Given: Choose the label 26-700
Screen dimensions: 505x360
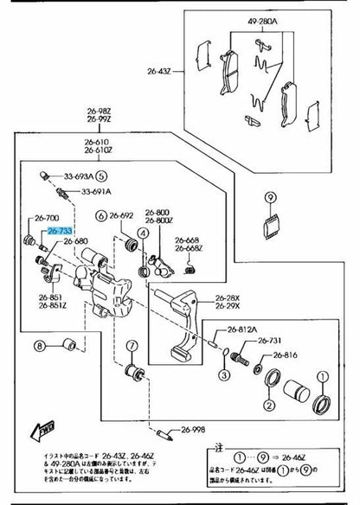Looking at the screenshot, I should pyautogui.click(x=47, y=218).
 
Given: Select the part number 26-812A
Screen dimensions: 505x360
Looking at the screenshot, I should pyautogui.click(x=244, y=329).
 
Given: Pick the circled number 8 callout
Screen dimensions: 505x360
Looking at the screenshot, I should pyautogui.click(x=38, y=348).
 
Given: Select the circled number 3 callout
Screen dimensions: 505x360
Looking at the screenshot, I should pyautogui.click(x=223, y=374).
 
